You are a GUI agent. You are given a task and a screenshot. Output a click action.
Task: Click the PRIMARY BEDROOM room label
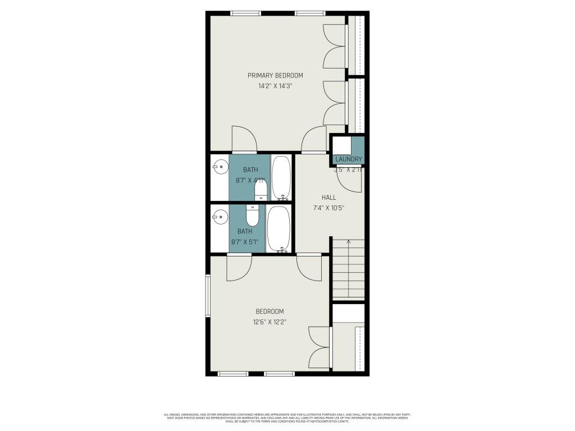tap(275, 75)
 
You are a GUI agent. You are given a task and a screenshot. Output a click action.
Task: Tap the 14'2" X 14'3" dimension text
tap(275, 86)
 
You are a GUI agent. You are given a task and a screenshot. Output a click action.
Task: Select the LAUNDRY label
tap(349, 159)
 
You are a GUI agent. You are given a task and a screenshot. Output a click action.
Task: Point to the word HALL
tap(328, 198)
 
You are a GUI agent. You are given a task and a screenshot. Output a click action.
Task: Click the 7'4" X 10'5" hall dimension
tap(328, 208)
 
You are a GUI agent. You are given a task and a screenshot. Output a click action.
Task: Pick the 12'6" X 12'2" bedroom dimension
tap(270, 322)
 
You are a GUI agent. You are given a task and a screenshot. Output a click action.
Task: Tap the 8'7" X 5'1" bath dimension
tap(244, 242)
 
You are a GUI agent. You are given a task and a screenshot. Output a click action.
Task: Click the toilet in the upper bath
tap(261, 191)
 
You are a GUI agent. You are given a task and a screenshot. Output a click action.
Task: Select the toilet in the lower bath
tap(253, 215)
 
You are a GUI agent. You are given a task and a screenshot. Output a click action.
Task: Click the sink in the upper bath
tap(220, 167)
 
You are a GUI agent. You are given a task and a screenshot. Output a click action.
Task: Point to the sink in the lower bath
tap(220, 215)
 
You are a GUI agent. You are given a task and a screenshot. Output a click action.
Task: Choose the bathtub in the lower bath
tap(278, 229)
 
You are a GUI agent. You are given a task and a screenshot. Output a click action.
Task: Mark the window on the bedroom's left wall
tap(207, 296)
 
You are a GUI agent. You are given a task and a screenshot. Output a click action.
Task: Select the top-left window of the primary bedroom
tap(245, 13)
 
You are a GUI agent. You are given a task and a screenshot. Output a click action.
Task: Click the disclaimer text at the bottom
tap(287, 418)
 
